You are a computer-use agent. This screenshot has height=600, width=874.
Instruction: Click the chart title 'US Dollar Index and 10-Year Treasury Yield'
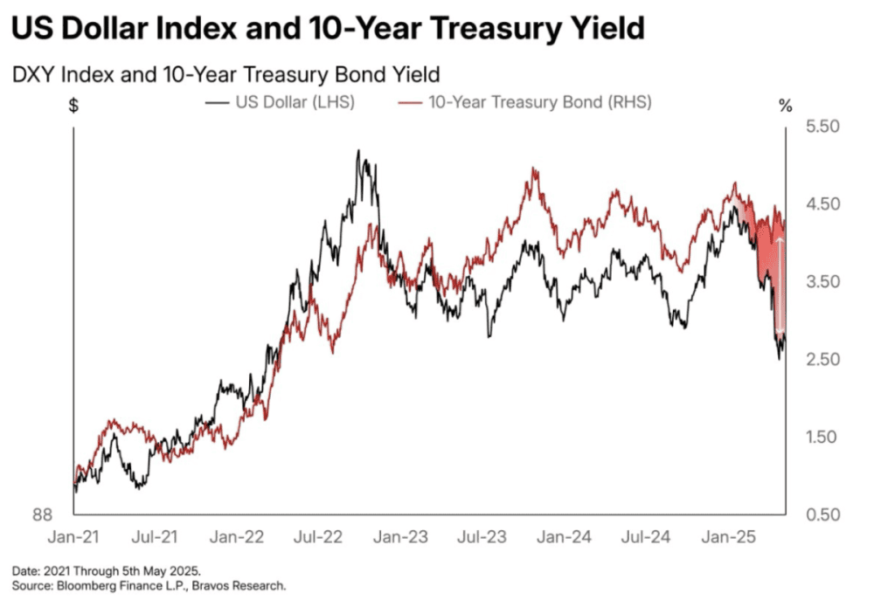point(328,28)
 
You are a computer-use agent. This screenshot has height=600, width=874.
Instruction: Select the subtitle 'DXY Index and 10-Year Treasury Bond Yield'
point(225,73)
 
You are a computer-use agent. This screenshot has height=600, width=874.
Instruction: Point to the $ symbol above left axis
point(73,107)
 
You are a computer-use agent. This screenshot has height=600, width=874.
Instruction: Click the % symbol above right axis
point(785,107)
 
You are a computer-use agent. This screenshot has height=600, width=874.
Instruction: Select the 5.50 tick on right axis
point(822,128)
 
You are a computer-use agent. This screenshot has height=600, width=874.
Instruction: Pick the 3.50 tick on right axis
point(822,282)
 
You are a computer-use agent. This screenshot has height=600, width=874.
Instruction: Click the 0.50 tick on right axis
point(822,514)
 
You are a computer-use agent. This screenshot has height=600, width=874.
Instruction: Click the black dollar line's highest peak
point(358,151)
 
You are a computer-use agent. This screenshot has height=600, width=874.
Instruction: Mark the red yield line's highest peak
point(533,170)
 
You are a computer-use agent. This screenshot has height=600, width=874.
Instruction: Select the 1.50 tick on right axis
point(822,437)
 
